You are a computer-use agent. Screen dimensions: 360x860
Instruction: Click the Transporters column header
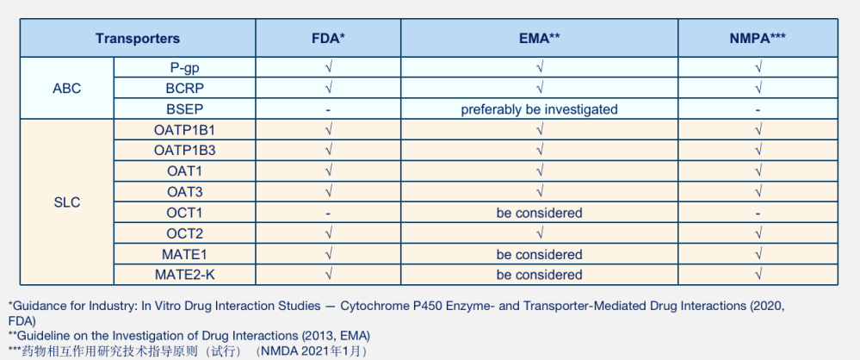coord(138,39)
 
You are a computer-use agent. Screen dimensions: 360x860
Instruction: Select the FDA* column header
coord(328,39)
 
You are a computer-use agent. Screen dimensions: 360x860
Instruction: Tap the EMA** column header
coord(539,39)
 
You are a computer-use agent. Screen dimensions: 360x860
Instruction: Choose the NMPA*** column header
coord(758,39)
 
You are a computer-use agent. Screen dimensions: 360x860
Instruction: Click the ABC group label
coord(66,89)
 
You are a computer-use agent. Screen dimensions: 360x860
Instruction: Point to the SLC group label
coord(66,202)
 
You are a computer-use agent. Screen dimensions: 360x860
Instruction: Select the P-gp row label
coord(184,68)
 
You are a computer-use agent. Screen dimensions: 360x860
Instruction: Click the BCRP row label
coord(184,89)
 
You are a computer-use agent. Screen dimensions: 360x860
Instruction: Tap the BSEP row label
coord(184,109)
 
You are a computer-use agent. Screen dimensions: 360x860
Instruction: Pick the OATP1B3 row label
coord(184,151)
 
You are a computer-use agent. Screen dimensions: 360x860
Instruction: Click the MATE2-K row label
coord(184,275)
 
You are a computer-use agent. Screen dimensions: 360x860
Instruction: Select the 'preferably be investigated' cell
coord(539,109)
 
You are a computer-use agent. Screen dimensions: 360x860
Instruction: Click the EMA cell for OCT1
coord(539,213)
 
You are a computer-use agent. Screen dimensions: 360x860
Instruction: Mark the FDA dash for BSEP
coord(328,109)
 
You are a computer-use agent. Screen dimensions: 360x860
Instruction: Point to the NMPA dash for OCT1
coord(758,213)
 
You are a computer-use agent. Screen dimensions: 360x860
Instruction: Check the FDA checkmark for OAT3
coord(328,192)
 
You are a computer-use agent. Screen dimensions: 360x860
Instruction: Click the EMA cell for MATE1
coord(539,254)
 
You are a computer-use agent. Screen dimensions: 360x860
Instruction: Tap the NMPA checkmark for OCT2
coord(758,233)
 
